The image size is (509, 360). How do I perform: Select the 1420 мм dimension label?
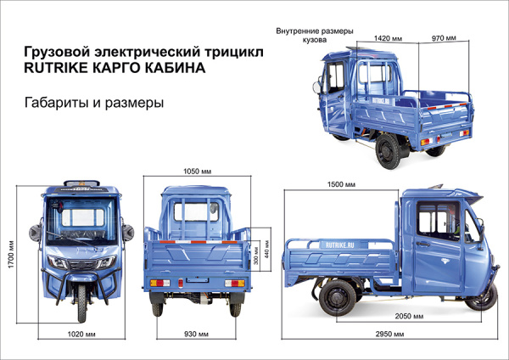[387, 38]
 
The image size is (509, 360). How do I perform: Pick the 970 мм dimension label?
[444, 38]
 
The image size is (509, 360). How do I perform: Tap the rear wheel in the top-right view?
[389, 154]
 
